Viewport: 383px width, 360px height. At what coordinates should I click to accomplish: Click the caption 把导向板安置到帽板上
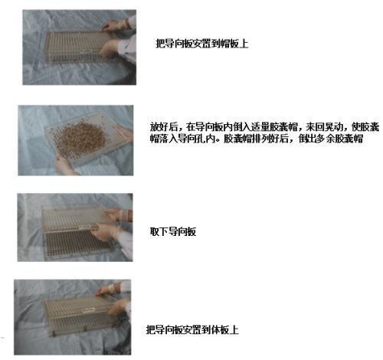(x=202, y=44)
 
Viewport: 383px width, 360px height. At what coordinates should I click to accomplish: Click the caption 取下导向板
(x=173, y=231)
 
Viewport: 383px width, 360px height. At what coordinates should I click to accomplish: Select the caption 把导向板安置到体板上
(x=192, y=329)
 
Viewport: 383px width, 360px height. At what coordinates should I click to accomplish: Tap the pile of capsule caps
(x=80, y=138)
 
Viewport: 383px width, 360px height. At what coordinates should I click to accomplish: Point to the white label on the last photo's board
(x=88, y=310)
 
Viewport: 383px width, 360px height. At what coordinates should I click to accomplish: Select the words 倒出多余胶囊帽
(x=331, y=139)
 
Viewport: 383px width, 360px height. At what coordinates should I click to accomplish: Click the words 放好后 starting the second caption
(x=164, y=126)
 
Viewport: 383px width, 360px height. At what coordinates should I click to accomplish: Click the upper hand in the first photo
(x=115, y=25)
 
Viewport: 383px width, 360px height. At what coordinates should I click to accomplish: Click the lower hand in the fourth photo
(x=117, y=308)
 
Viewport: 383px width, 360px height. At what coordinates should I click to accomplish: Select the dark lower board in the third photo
(x=77, y=244)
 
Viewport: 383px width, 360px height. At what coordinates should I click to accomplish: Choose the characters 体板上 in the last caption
(x=225, y=329)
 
